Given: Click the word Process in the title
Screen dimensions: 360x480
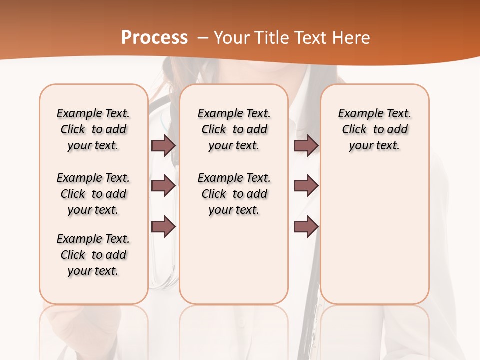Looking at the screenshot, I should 154,38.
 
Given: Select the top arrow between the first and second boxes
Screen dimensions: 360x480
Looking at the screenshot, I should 163,146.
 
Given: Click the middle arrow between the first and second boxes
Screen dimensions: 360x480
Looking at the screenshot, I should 163,186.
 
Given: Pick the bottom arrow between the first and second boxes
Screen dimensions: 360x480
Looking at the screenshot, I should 163,227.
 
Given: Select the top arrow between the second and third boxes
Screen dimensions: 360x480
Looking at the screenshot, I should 306,146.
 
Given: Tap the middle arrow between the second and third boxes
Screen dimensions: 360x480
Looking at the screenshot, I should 306,186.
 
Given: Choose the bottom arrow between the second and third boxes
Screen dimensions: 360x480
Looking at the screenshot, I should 306,227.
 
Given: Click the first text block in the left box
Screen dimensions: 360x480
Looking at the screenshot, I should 93,129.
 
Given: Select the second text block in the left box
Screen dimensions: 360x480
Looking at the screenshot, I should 93,194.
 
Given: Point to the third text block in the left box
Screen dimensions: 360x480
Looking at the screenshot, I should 93,255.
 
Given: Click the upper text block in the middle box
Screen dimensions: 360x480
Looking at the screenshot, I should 234,129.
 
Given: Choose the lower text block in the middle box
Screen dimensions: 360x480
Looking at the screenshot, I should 234,194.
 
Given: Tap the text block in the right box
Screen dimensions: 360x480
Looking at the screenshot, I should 375,129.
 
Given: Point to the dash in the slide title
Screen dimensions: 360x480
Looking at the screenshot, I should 203,38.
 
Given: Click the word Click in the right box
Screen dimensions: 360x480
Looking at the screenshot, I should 354,130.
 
